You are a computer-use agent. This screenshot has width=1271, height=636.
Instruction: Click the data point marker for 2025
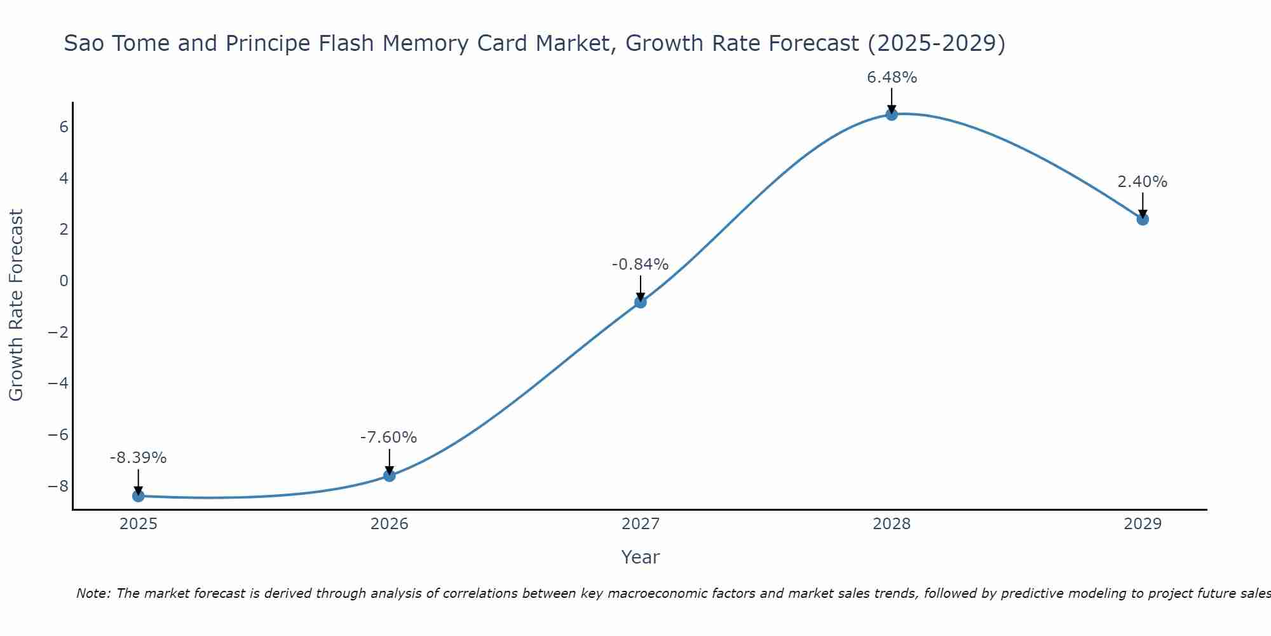(138, 496)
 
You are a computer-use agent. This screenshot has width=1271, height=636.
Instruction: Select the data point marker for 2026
(390, 476)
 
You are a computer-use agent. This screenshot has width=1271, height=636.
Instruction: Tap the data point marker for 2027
(641, 302)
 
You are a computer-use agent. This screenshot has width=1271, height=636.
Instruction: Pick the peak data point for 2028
(892, 114)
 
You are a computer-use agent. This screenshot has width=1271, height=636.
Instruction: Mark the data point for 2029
(1143, 219)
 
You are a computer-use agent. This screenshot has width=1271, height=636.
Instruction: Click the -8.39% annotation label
(138, 458)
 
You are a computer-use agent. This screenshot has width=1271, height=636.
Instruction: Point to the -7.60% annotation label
(388, 438)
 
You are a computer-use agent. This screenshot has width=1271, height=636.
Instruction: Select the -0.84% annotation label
(640, 264)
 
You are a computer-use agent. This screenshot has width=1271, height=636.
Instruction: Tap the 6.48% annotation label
(892, 78)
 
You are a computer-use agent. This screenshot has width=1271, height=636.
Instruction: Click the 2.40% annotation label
(1142, 182)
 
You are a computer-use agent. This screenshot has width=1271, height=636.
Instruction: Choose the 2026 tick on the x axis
(390, 524)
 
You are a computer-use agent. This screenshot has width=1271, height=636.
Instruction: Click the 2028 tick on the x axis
(892, 524)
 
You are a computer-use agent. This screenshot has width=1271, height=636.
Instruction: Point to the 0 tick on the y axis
(64, 281)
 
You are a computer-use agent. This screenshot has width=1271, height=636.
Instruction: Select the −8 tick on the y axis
(58, 487)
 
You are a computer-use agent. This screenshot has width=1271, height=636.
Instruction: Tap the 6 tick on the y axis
(64, 127)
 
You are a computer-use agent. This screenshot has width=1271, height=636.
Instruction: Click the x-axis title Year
(640, 557)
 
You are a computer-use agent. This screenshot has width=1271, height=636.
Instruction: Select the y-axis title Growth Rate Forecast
(16, 305)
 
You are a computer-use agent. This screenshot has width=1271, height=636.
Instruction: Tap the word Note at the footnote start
(93, 593)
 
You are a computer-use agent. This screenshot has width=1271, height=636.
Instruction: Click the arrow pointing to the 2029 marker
(1143, 205)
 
